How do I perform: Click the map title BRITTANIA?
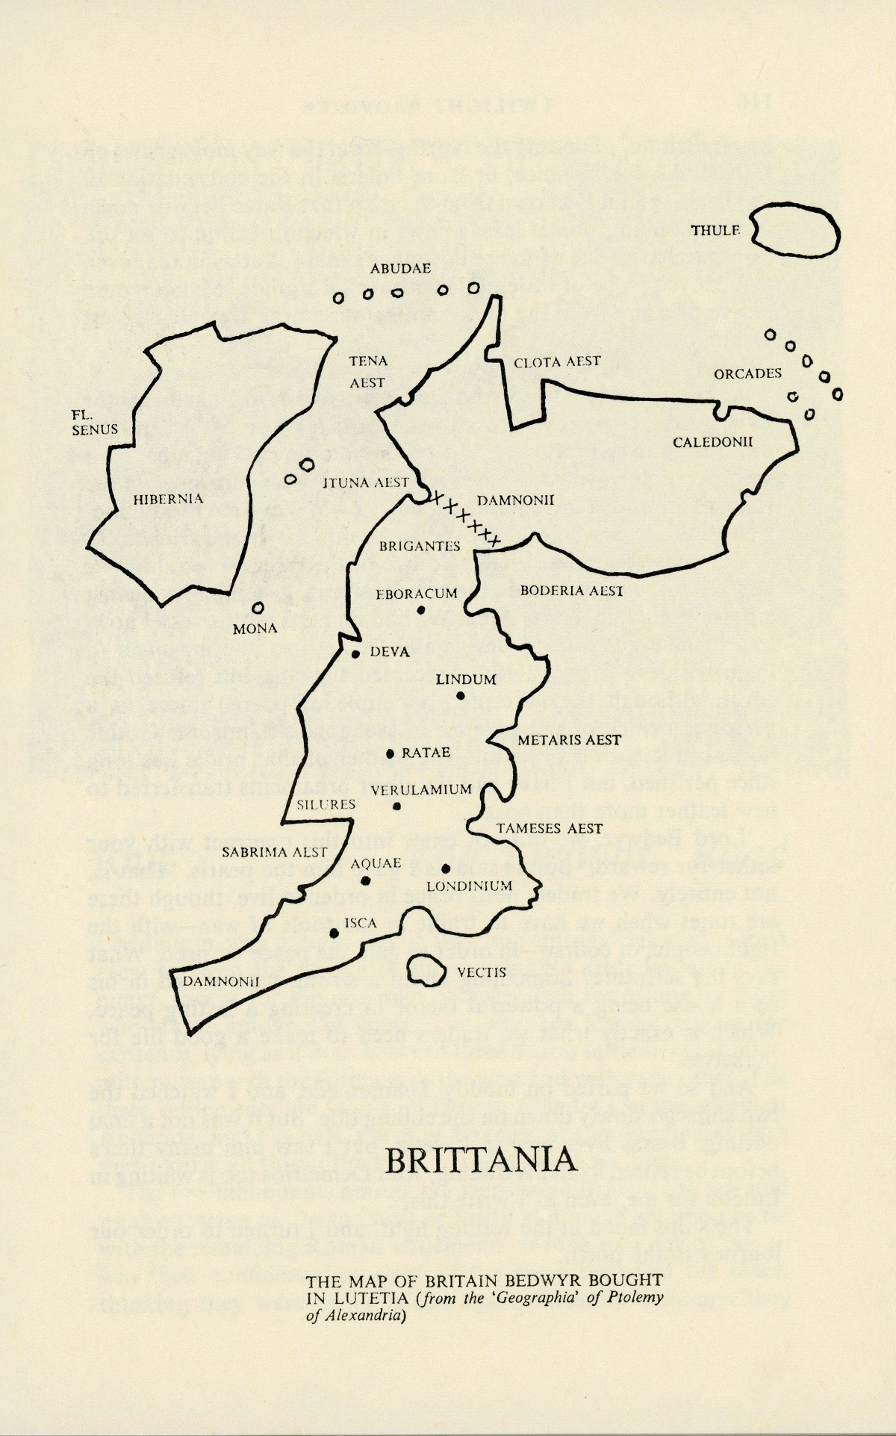tap(482, 1160)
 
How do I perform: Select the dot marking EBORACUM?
tap(421, 610)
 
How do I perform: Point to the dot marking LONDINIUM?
tap(445, 868)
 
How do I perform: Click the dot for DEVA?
tap(356, 654)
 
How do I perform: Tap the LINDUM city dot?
tap(461, 696)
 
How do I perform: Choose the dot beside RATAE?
tap(390, 754)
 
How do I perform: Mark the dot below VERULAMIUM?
tap(397, 806)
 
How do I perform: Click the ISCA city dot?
tap(335, 933)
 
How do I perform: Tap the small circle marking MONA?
tap(258, 609)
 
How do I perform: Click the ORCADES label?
tap(747, 373)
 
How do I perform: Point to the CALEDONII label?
tap(712, 442)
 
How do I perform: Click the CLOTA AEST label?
tap(557, 362)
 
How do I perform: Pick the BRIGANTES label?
tap(420, 546)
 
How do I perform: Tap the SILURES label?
tap(326, 804)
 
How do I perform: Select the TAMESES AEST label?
tap(549, 828)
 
